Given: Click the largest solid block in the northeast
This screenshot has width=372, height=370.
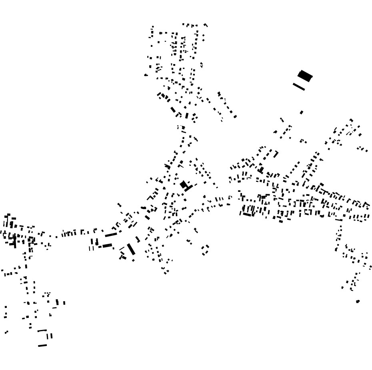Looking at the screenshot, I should point(305,75).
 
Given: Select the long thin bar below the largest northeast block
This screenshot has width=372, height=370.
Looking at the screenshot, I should point(299,86).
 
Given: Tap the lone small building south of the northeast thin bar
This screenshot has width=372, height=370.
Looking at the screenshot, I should point(302,113).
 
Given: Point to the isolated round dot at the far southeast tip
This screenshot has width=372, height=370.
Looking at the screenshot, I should point(358,301).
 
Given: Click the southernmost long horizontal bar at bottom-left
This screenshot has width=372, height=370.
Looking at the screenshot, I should point(42,345).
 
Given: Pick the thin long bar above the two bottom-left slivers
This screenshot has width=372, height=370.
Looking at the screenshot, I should point(42,330).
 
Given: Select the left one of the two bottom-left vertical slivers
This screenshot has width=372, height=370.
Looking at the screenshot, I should point(48,336).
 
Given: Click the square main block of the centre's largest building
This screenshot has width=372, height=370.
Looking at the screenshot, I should point(184,185).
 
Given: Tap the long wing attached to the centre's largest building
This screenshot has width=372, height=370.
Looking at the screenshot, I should point(188,187).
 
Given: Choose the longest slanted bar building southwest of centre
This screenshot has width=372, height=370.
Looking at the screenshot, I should point(131,249).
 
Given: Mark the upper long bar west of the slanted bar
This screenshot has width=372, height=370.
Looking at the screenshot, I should point(111,235).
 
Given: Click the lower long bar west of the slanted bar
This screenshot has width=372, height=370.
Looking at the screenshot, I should point(107,245).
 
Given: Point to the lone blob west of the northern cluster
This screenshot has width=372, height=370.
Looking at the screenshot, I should point(146,75).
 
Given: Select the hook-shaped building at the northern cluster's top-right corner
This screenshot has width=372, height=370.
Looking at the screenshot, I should point(206,25).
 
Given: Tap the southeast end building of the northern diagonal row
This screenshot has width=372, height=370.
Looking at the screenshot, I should point(235,117).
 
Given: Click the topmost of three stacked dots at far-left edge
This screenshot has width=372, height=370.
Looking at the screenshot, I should point(6,308).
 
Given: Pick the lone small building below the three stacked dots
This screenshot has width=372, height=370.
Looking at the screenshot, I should point(6,332).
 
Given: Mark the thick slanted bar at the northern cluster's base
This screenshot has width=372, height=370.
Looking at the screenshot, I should point(173,109).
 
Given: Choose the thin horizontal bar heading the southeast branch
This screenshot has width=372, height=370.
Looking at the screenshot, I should point(339,220).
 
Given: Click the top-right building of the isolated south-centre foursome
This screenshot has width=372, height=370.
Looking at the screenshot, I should point(207,247).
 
